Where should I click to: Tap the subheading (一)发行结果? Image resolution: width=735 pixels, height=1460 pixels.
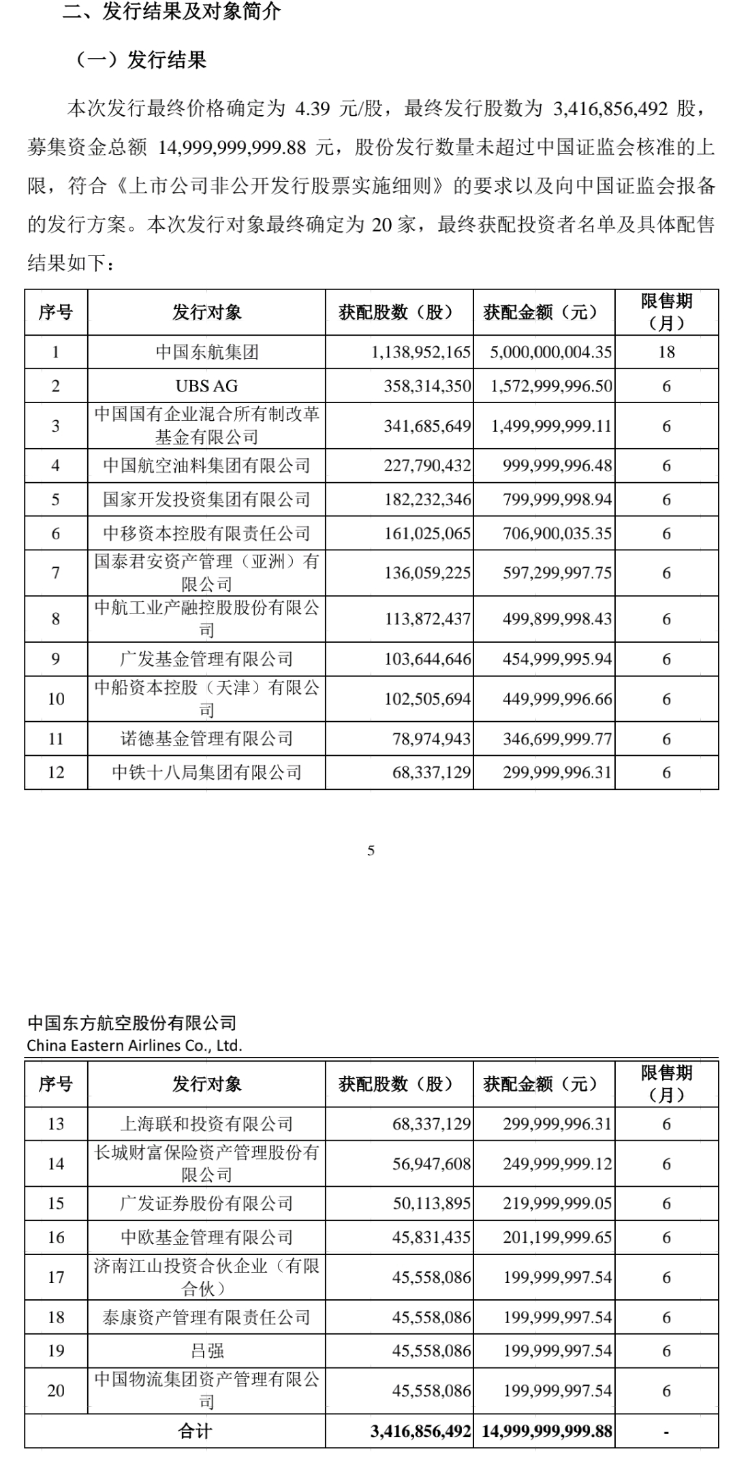pyautogui.click(x=140, y=61)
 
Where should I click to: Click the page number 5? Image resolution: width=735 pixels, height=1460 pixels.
pyautogui.click(x=371, y=850)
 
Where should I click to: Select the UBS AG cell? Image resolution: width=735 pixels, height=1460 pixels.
pyautogui.click(x=206, y=386)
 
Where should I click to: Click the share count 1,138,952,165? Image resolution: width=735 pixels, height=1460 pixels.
pyautogui.click(x=421, y=352)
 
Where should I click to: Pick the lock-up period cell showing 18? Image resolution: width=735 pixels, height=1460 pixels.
pyautogui.click(x=666, y=352)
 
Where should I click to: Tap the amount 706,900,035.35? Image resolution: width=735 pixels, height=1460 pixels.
pyautogui.click(x=557, y=533)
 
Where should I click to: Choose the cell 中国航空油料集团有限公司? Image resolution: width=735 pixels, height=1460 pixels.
pyautogui.click(x=206, y=466)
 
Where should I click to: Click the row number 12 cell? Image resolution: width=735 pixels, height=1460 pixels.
pyautogui.click(x=56, y=772)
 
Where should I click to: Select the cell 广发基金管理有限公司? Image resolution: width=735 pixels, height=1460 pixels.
pyautogui.click(x=206, y=659)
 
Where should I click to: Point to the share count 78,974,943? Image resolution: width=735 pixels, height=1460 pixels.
pyautogui.click(x=431, y=739)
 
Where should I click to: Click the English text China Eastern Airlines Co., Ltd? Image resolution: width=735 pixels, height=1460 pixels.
pyautogui.click(x=134, y=1045)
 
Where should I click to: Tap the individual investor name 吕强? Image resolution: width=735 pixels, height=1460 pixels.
pyautogui.click(x=206, y=1350)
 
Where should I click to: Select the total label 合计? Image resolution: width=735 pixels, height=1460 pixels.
pyautogui.click(x=194, y=1413)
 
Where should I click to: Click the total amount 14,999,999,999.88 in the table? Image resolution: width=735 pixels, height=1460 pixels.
pyautogui.click(x=547, y=1413)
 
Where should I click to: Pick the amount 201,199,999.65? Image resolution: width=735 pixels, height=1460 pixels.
pyautogui.click(x=557, y=1237)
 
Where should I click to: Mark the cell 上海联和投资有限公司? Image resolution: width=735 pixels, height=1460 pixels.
pyautogui.click(x=206, y=1124)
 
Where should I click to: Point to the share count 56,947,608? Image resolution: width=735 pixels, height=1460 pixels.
pyautogui.click(x=431, y=1164)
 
